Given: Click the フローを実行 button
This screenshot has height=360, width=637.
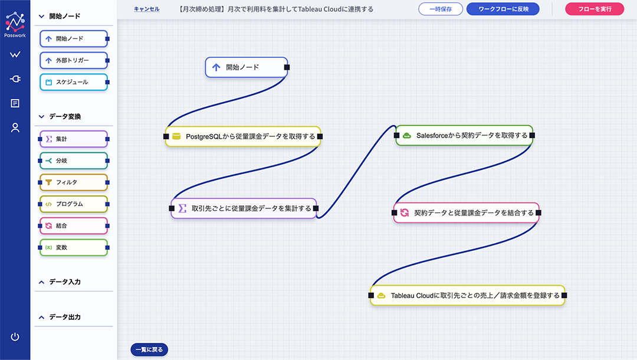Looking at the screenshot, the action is (595, 9).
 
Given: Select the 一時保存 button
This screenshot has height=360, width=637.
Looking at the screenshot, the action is (441, 9).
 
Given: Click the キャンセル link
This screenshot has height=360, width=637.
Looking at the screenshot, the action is (147, 9).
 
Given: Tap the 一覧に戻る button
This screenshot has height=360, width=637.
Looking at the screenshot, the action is (149, 349).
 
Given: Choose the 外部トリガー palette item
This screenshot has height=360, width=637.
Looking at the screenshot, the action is (74, 60).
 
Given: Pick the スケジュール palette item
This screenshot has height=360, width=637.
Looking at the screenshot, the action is (74, 82).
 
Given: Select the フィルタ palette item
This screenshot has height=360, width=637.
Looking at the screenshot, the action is (74, 182).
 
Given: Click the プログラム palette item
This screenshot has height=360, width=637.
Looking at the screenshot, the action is (74, 204).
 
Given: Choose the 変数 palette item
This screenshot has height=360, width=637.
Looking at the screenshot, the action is (74, 247).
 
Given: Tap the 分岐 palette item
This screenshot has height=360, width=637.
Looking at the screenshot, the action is (74, 161).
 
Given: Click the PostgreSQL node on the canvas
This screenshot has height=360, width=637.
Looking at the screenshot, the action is (243, 136).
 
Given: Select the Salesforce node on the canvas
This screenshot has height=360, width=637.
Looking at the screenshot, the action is (464, 135).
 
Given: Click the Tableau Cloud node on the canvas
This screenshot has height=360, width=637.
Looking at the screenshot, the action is (468, 296).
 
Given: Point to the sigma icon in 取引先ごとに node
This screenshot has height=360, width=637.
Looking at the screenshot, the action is (182, 208).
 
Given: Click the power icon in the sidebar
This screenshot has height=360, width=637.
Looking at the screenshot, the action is (15, 336).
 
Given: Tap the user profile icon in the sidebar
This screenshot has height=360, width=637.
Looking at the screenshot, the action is (15, 127).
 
